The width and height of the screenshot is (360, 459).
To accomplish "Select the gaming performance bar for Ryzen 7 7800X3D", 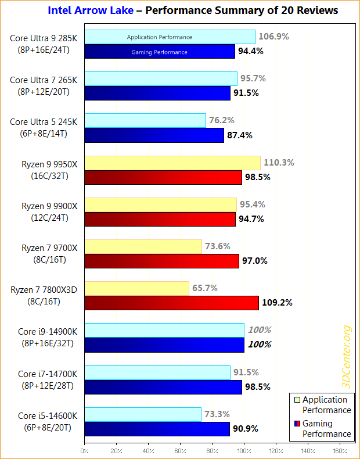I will (x=171, y=303).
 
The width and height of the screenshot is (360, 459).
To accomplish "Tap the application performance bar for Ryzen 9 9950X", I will (x=172, y=163).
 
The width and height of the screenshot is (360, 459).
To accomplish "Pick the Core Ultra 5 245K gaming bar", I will (x=154, y=135).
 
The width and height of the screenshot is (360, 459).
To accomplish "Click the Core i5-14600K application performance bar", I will (x=143, y=414).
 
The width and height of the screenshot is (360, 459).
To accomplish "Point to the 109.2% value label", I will (x=278, y=303).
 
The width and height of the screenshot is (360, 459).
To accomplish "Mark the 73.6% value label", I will (x=221, y=246).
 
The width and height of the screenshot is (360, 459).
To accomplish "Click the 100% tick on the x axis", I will (x=244, y=450).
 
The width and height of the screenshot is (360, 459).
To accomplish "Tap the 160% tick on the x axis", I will (x=340, y=450).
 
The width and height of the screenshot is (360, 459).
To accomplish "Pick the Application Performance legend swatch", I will (x=297, y=400).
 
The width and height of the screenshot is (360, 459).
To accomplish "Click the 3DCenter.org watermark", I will (x=347, y=358).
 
